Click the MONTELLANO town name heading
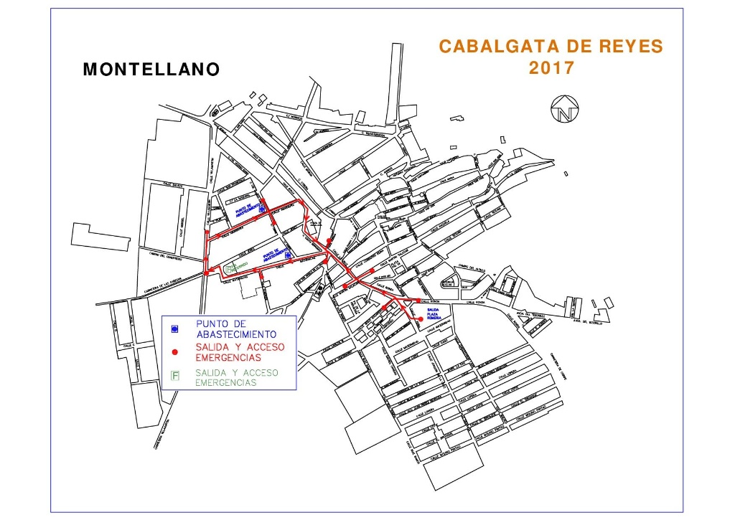(x=151, y=70)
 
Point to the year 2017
(x=551, y=69)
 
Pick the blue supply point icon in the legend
(x=174, y=328)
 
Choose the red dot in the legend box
(x=174, y=353)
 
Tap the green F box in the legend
(x=174, y=374)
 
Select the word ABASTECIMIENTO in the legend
(x=235, y=334)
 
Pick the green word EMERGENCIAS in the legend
(x=226, y=383)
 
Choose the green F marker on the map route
(x=229, y=268)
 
